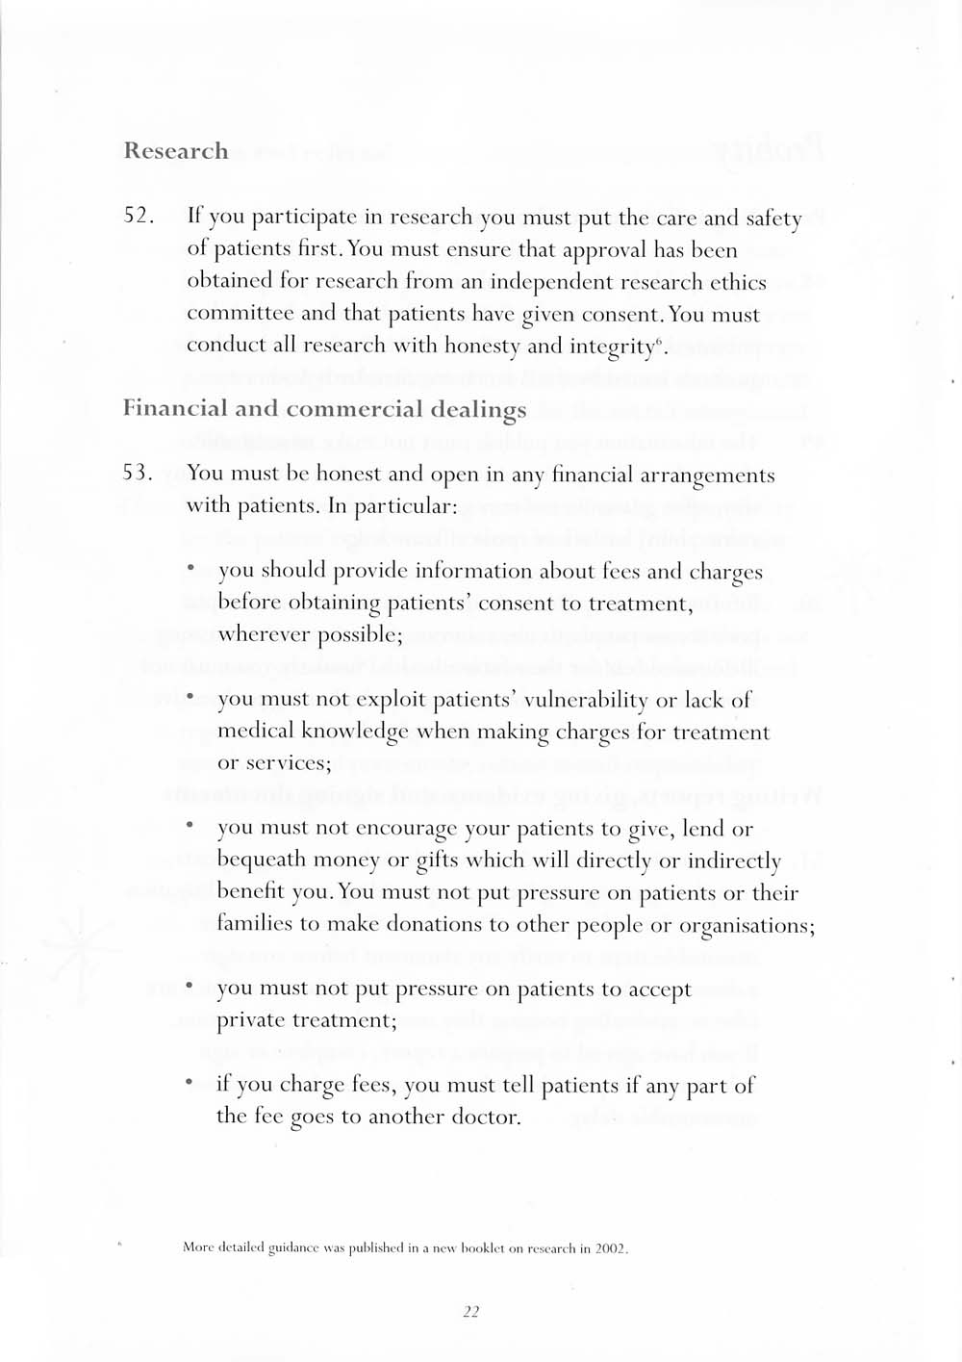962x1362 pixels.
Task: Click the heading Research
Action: pos(176,151)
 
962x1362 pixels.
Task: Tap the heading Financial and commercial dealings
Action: pos(324,409)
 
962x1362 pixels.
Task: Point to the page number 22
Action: pos(471,1311)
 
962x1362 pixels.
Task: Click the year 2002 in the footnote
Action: pos(611,1248)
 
